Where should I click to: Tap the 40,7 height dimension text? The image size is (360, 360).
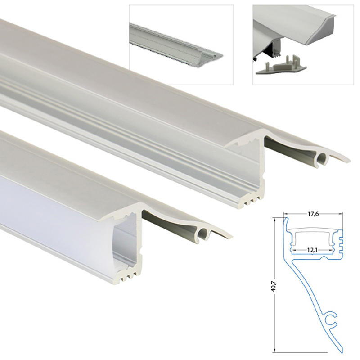[x=273, y=286]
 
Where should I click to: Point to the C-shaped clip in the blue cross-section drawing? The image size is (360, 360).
[x=331, y=319]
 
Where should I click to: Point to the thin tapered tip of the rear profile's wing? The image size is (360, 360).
[x=348, y=160]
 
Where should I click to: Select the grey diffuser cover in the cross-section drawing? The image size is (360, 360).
[x=313, y=230]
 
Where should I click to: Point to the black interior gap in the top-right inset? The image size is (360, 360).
[x=271, y=49]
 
